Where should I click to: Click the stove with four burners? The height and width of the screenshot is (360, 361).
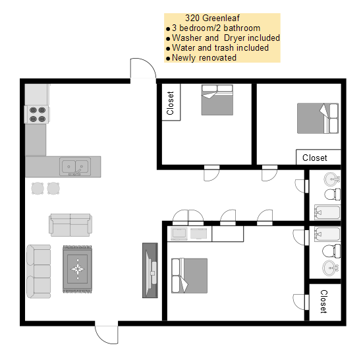coord(37,114)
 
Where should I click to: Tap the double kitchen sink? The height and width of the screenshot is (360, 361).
coord(75,166)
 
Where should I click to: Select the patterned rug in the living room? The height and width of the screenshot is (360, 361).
coord(77,269)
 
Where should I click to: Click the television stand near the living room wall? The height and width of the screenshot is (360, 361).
coord(150,270)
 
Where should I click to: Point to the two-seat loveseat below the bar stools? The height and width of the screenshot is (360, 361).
coord(70,225)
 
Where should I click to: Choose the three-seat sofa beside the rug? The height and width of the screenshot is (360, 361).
coord(39,272)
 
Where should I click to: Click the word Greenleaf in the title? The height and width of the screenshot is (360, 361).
coord(221,18)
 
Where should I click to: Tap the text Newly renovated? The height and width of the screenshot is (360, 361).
coord(204,57)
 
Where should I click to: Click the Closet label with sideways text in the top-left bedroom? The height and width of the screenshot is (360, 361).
coord(170,103)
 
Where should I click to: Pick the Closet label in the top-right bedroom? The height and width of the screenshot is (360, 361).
coord(314,158)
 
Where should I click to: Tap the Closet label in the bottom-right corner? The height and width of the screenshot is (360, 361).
coord(323,301)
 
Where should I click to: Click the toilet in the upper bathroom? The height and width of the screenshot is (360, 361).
coord(332,195)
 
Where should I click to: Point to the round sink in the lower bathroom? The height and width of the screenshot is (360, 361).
coord(331,268)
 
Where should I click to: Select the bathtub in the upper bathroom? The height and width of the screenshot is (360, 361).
coord(327,212)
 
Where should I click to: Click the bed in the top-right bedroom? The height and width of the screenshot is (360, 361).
coord(318,119)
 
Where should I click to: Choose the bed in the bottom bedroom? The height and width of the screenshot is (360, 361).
coord(189,276)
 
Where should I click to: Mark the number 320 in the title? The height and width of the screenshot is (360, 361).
coord(193,18)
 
